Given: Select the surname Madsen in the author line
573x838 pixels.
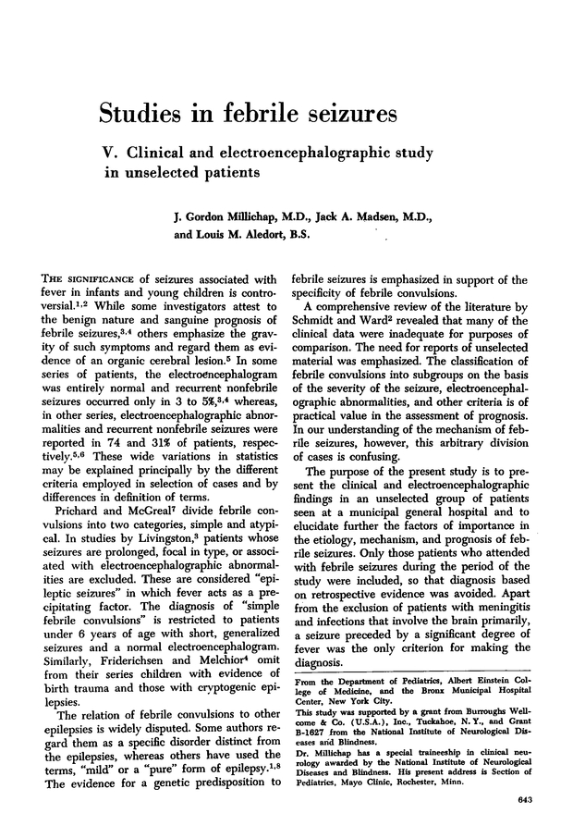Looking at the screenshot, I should [x=371, y=216].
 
